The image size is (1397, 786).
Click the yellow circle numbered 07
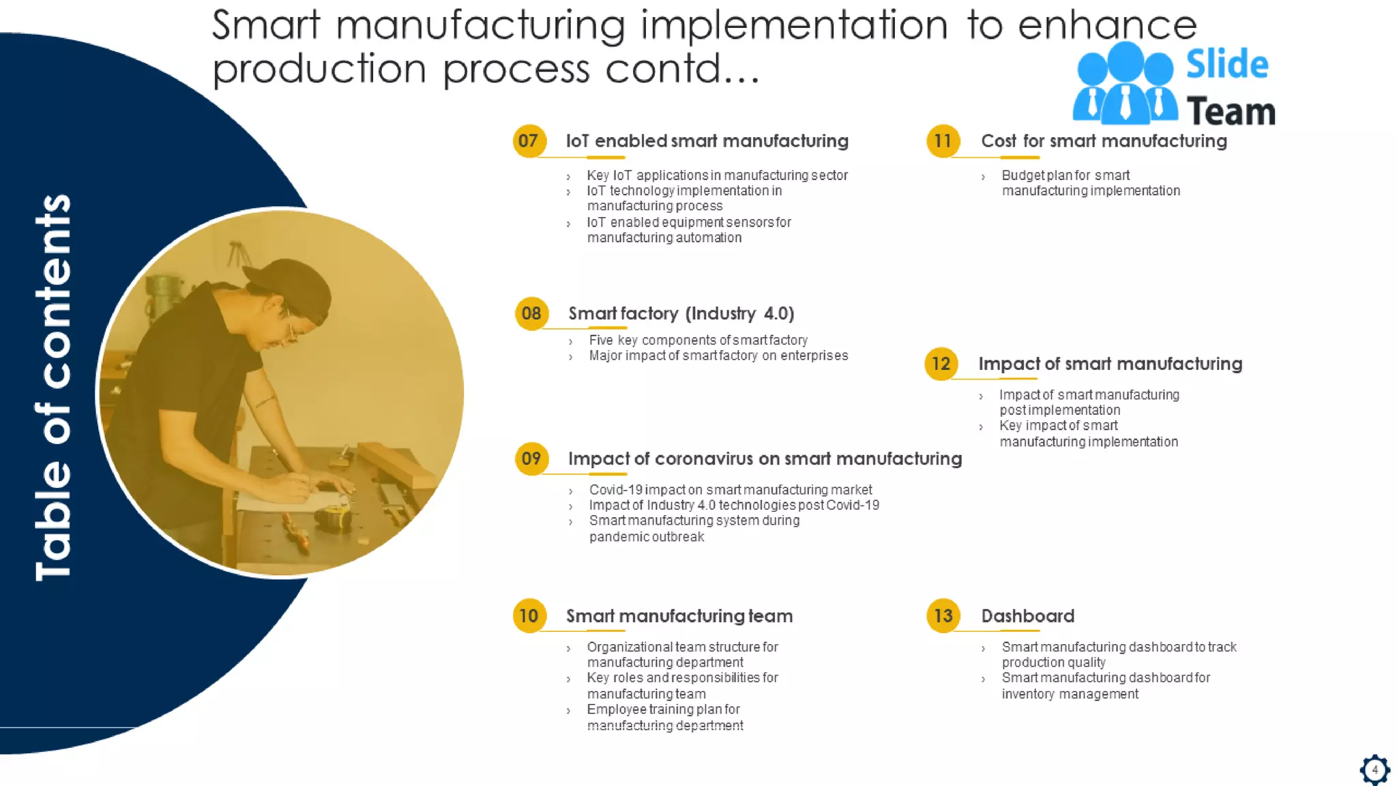(529, 141)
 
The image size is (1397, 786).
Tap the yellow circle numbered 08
(531, 314)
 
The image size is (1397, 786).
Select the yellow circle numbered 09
(531, 458)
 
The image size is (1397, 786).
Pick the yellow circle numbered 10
(529, 616)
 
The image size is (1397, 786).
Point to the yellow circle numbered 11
(943, 141)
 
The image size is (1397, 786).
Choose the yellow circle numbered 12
(941, 364)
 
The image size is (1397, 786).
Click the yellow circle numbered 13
(943, 616)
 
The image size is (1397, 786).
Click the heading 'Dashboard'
(1027, 616)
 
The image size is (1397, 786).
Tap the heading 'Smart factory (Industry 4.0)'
(681, 314)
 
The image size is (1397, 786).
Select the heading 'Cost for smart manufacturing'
(1104, 141)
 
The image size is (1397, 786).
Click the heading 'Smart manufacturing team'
(679, 616)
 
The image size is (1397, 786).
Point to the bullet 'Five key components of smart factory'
(698, 340)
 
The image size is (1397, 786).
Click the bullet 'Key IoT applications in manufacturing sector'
(717, 175)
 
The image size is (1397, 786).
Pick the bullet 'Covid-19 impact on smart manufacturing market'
(731, 490)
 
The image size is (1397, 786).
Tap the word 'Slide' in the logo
(1227, 65)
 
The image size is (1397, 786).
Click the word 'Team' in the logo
(1231, 112)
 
